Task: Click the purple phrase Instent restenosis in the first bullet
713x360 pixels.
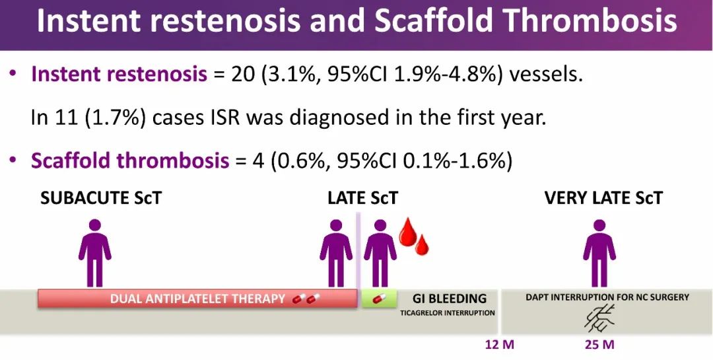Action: coord(119,74)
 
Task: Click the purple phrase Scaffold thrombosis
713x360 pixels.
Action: coord(130,161)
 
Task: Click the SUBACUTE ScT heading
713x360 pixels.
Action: coord(101,198)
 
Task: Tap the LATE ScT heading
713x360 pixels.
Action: coord(363,198)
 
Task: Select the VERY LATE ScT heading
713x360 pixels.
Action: coord(603,198)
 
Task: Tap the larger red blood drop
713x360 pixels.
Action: coord(407,233)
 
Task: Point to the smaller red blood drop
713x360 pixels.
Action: coord(422,245)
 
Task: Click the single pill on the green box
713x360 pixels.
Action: coord(379,299)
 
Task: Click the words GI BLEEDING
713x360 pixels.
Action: coord(449,299)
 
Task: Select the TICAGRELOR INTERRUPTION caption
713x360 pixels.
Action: coord(448,313)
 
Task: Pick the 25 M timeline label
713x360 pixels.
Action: coord(599,345)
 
